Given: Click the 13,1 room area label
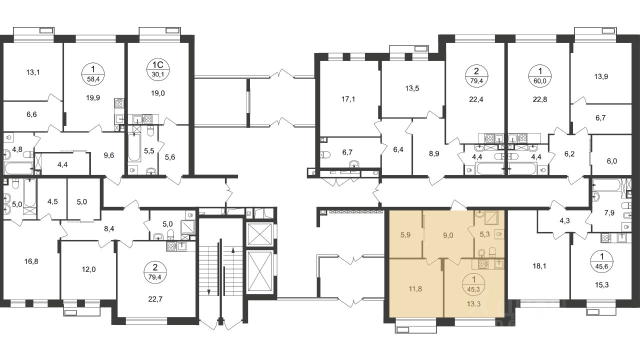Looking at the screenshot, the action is coord(33,72).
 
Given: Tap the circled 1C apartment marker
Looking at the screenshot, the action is coord(158,70).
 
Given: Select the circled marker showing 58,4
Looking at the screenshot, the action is coord(93,74).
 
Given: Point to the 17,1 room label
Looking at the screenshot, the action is coord(348,99).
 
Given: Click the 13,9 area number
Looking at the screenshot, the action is coord(601,76).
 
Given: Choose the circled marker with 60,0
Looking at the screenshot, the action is coord(539,75).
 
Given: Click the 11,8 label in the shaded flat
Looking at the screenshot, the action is coord(415,289).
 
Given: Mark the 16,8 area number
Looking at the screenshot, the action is coord(31,261).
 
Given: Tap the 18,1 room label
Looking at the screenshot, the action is coord(539,266).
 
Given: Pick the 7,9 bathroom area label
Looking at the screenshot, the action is coord(609,213).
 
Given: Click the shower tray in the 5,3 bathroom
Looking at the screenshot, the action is coord(491,218).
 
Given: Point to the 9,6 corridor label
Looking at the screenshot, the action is coord(109,155).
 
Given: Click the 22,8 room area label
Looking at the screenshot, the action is coord(539,99).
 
